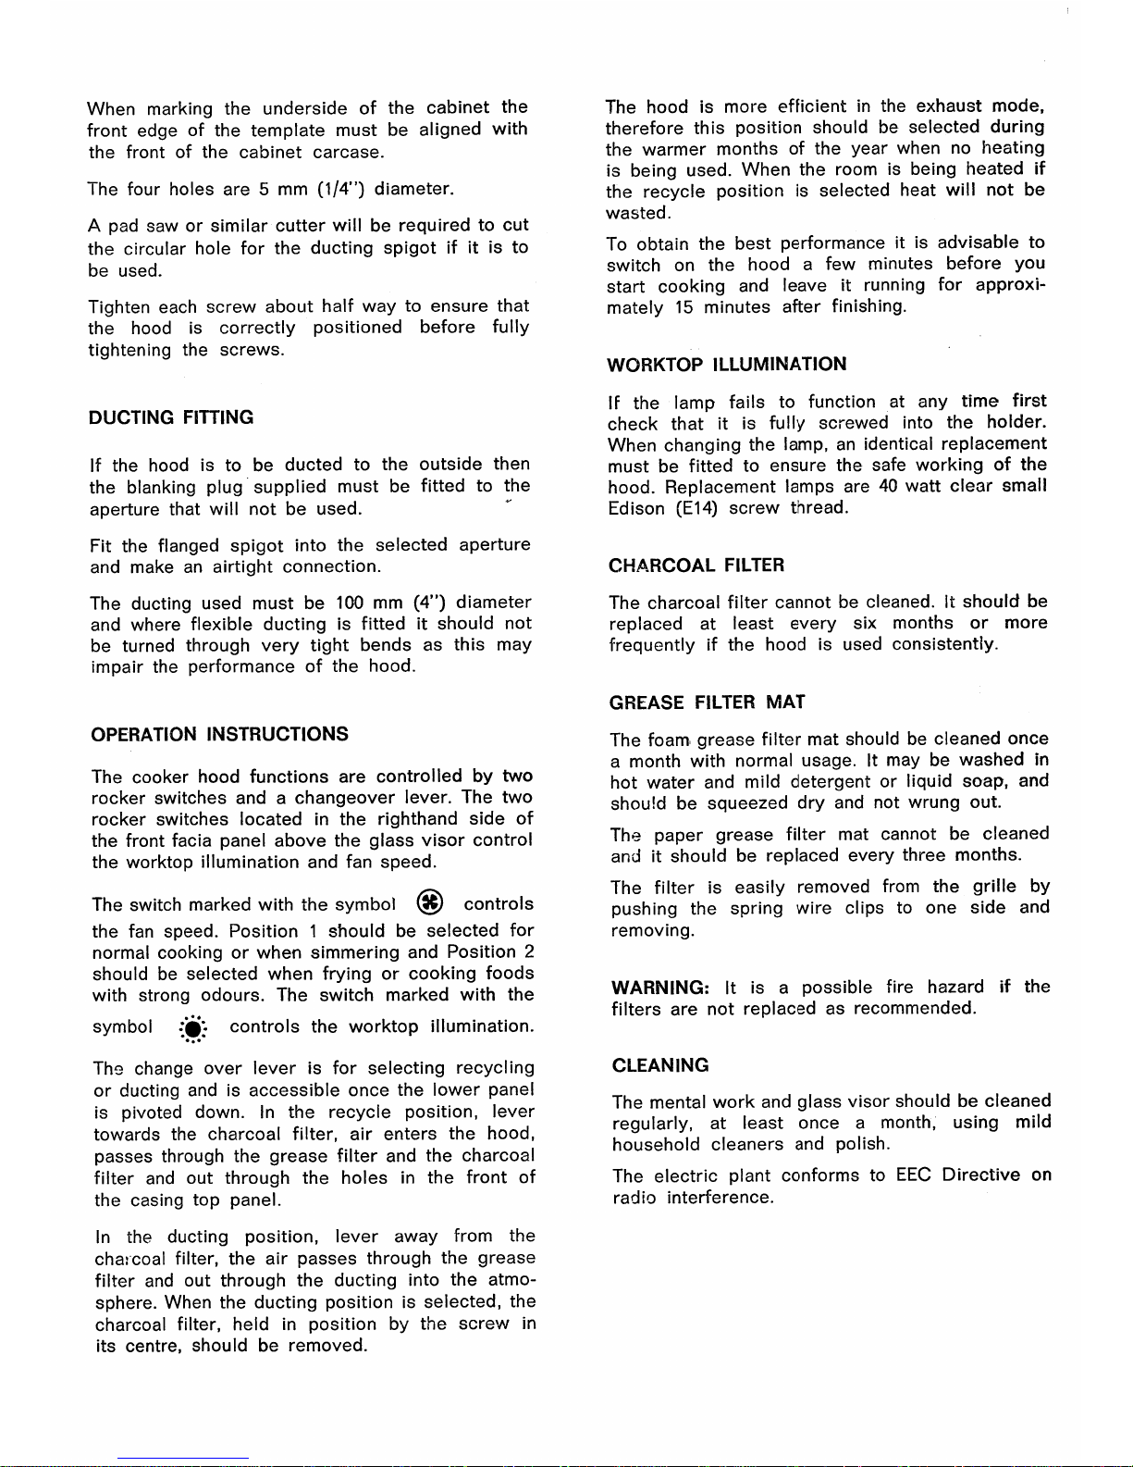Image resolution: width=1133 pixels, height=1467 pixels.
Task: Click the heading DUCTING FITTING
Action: [x=171, y=417]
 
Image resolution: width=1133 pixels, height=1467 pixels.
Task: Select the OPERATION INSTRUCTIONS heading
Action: [x=220, y=734]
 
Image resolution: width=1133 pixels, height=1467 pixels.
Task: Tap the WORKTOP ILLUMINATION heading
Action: [x=726, y=364]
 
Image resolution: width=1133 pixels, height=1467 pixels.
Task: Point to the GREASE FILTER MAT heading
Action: [x=707, y=702]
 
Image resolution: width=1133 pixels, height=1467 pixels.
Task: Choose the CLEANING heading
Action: [x=660, y=1065]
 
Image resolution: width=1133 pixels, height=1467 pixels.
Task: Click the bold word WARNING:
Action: [x=659, y=988]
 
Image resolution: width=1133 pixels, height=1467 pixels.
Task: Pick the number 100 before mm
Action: [x=351, y=603]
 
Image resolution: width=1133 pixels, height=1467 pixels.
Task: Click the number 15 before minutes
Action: [x=683, y=307]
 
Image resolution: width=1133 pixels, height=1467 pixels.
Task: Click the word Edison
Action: [x=635, y=508]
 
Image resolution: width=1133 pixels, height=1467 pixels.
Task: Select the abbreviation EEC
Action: [x=914, y=1175]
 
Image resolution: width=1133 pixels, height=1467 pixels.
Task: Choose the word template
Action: [x=288, y=131]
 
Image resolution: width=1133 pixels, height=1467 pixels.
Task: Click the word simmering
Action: [x=355, y=952]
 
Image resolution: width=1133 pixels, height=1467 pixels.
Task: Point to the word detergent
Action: [x=830, y=781]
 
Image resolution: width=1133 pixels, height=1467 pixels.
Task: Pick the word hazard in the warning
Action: [x=955, y=988]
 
